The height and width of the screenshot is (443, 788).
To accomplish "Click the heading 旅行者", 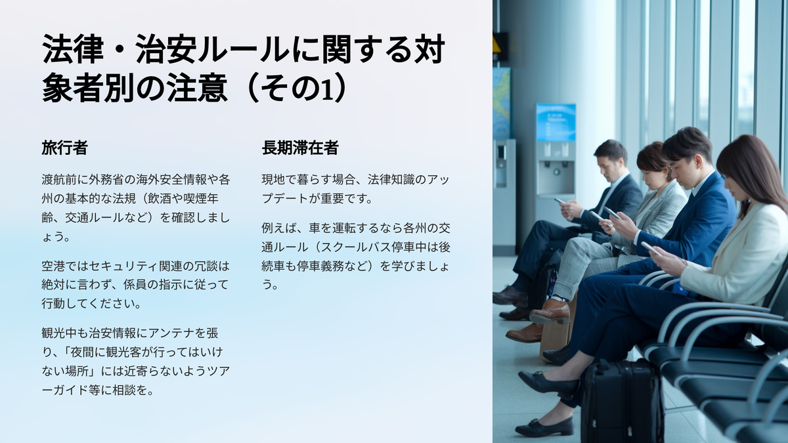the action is pos(64,148).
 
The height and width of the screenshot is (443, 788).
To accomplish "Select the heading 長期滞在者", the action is pos(300,148).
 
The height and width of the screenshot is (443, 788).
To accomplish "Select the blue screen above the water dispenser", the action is pos(556,122).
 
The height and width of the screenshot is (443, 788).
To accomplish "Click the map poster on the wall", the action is pos(501,103).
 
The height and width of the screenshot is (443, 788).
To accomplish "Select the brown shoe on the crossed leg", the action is pos(550,312).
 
